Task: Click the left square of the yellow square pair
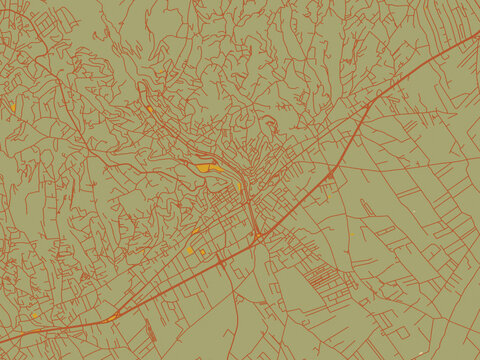[189, 250]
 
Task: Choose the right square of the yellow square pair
[202, 253]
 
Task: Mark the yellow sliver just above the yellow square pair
[195, 232]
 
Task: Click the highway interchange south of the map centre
[257, 236]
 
